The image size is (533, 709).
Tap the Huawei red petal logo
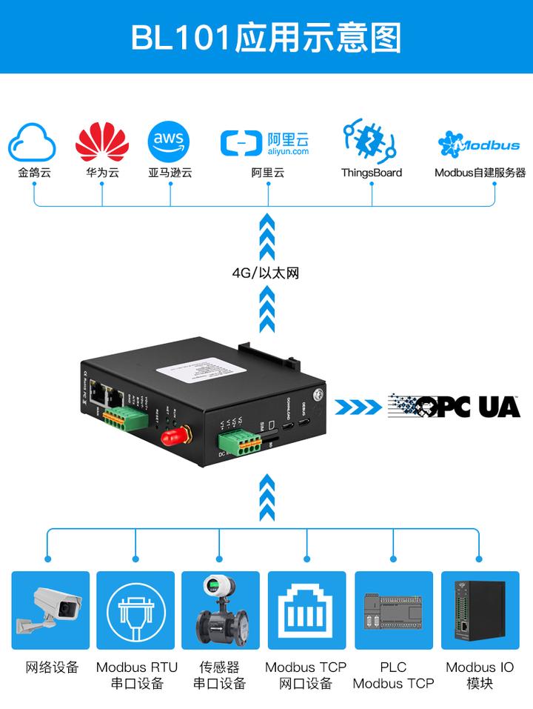point(102,141)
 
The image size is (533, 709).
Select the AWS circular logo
point(170,141)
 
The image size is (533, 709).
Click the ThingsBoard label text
point(371,173)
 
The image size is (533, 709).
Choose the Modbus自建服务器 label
point(480,173)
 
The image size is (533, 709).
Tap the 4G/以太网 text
point(266,273)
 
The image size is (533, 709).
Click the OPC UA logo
point(455,406)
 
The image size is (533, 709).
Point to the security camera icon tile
point(50,610)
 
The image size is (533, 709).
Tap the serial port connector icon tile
point(136,610)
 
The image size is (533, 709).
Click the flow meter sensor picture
point(221,610)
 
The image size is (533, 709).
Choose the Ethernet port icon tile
point(306,610)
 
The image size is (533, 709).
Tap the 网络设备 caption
point(51,667)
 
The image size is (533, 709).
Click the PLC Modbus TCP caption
point(393,675)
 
